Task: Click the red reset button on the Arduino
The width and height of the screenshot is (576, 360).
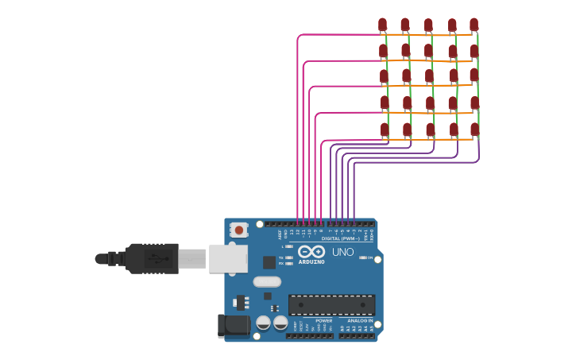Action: (x=238, y=230)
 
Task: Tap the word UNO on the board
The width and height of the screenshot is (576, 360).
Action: (x=342, y=252)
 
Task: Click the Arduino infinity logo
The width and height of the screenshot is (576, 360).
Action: (x=311, y=251)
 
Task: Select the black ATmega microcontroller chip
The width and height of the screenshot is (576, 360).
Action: (x=331, y=304)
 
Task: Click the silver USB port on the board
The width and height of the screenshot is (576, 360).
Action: (x=228, y=258)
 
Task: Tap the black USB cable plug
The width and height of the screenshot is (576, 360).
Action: (x=151, y=258)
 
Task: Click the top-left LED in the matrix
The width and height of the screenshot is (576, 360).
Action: (x=383, y=25)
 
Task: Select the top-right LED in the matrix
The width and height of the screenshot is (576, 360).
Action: (x=474, y=25)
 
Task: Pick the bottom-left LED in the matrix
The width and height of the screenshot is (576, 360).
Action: (x=385, y=129)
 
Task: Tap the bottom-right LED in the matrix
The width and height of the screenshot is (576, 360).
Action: (x=475, y=129)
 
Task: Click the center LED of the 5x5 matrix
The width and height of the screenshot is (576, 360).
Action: (x=429, y=76)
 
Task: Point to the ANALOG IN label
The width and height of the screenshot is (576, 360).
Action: (x=359, y=320)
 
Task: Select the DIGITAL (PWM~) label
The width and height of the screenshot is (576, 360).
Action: (x=341, y=238)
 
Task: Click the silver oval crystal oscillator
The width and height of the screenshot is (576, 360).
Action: (x=268, y=281)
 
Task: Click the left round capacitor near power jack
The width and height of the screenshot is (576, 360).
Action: (x=263, y=323)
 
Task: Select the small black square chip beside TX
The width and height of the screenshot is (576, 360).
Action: (x=269, y=261)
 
